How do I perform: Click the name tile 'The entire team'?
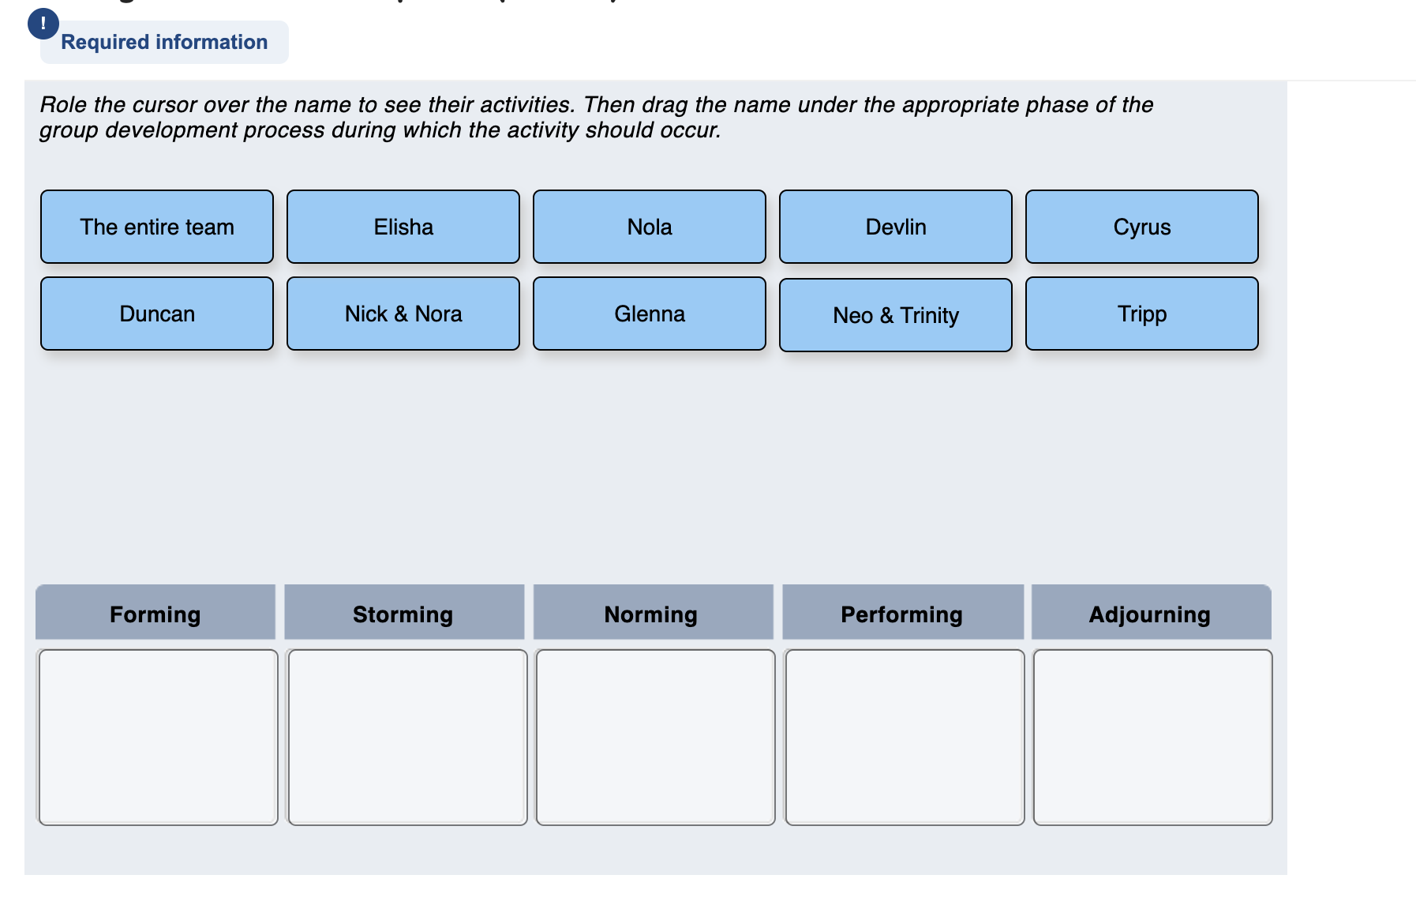[x=157, y=227]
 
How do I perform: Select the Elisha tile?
[x=403, y=227]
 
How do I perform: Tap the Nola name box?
[x=650, y=227]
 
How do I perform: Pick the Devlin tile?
[x=896, y=227]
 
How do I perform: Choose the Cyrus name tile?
[x=1142, y=227]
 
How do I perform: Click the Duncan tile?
[x=157, y=314]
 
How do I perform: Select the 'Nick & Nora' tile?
[x=403, y=314]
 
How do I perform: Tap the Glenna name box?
[x=650, y=314]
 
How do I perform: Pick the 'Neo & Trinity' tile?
[x=896, y=315]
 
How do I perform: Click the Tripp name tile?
[x=1142, y=314]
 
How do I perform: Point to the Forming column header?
[x=155, y=613]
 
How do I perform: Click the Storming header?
[x=403, y=613]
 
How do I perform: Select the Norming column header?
[x=652, y=613]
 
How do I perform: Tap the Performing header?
[x=902, y=613]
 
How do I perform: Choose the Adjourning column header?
[x=1150, y=613]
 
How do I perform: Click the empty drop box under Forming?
[x=158, y=737]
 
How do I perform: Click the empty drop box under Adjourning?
[x=1152, y=737]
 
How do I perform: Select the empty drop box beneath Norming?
[x=655, y=737]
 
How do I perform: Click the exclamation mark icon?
[x=43, y=24]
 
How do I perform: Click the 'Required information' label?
[x=164, y=42]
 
